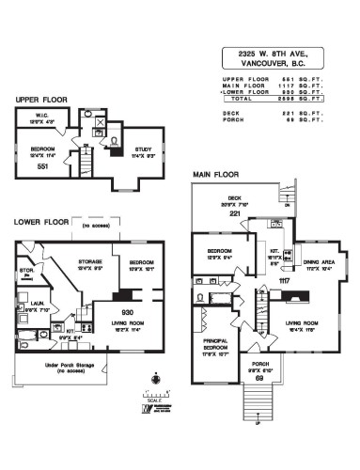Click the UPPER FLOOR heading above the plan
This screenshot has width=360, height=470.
pyautogui.click(x=41, y=99)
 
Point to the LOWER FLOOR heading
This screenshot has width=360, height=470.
pyautogui.click(x=43, y=222)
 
